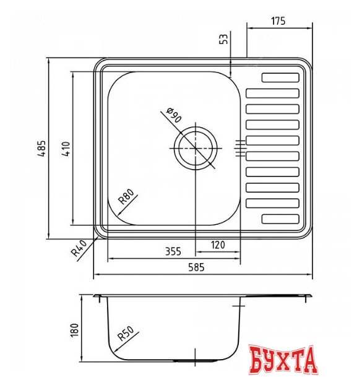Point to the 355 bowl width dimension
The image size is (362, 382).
click(173, 251)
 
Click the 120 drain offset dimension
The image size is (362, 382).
click(218, 245)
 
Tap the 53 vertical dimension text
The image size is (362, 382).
click(224, 39)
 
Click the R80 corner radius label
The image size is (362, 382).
click(126, 198)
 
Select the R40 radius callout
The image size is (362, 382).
click(78, 248)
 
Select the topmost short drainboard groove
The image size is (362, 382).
click(280, 78)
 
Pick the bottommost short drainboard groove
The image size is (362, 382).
click(280, 219)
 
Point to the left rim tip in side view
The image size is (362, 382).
click(96, 297)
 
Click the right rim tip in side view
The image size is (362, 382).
click(309, 297)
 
